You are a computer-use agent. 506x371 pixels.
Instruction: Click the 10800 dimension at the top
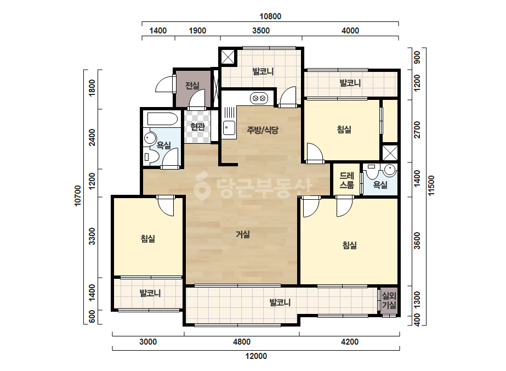(x=270, y=16)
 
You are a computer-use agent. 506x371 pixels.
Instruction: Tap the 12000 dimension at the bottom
(x=256, y=356)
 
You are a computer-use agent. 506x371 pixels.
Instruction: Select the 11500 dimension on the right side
(x=431, y=185)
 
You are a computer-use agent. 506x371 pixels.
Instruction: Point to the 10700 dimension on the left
(x=78, y=195)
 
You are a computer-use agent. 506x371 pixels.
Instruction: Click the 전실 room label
(x=192, y=86)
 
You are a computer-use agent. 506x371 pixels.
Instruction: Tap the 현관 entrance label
(x=197, y=127)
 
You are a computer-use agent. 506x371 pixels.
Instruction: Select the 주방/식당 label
(x=263, y=130)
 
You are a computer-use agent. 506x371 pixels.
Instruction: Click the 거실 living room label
(x=243, y=234)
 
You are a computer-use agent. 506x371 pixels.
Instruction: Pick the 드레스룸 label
(x=346, y=181)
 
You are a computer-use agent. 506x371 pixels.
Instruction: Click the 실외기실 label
(x=389, y=300)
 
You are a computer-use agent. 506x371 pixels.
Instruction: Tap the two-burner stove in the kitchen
(x=259, y=98)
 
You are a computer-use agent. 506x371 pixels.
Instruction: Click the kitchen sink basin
(x=229, y=127)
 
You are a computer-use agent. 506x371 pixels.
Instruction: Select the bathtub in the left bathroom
(x=162, y=119)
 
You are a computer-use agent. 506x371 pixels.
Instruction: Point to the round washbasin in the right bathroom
(x=390, y=170)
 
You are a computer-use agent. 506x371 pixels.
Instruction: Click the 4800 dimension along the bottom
(x=242, y=341)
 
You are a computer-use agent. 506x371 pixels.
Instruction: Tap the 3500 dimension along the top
(x=261, y=31)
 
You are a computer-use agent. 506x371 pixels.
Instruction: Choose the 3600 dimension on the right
(x=417, y=241)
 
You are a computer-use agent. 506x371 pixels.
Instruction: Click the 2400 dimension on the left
(x=92, y=137)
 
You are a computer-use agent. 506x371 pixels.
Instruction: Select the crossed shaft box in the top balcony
(x=228, y=58)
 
